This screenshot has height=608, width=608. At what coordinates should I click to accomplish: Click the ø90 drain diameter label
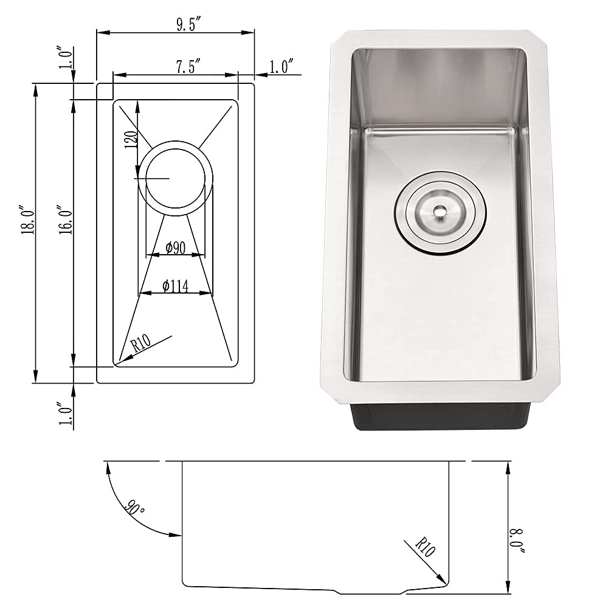point(175,248)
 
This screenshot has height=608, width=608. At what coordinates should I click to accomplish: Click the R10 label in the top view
point(141,344)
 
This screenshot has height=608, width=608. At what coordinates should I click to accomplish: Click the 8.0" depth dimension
point(517,541)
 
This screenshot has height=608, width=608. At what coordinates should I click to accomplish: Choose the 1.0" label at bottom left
point(66,413)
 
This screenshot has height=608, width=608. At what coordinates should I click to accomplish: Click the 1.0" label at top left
point(66,59)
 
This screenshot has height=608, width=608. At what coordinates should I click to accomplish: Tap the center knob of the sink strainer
point(439,212)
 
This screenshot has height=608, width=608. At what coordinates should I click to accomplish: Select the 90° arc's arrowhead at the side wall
point(178,535)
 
